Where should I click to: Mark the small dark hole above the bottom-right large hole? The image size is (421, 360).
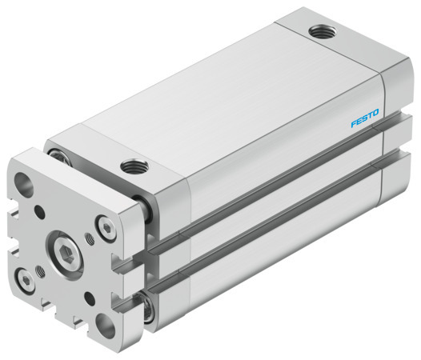point(89,298)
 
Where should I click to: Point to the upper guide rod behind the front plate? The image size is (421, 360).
point(146,210)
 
